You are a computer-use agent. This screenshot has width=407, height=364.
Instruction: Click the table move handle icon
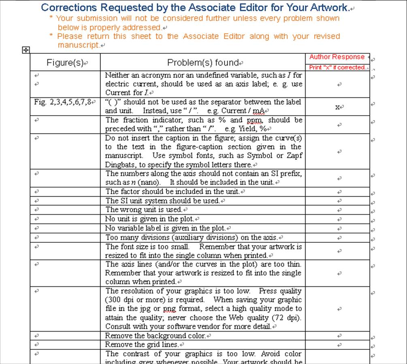pos(25,50)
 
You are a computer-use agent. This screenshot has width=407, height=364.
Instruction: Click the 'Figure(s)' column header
pos(65,63)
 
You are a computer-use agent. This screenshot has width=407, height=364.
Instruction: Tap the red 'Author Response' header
pos(337,57)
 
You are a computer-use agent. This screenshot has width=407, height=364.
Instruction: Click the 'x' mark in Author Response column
pos(337,107)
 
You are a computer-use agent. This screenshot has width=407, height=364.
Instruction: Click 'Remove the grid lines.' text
pos(142,345)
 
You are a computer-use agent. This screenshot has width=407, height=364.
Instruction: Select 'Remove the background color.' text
pos(156,336)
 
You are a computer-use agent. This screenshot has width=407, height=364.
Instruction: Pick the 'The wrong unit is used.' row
pos(144,210)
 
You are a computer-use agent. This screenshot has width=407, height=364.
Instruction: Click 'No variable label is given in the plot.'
pos(166,228)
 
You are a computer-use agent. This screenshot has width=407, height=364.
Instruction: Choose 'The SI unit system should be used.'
pos(162,201)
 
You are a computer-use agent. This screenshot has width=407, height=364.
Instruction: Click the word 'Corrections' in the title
pos(68,7)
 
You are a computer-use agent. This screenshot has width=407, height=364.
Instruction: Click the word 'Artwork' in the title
pos(328,7)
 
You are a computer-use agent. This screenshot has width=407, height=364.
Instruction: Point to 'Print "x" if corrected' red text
pos(337,68)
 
